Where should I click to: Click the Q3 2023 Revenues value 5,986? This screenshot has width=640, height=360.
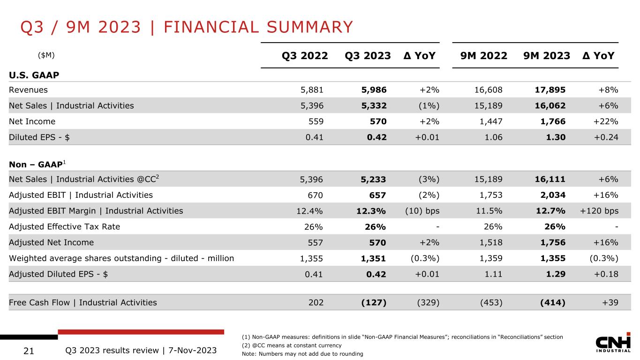(374, 90)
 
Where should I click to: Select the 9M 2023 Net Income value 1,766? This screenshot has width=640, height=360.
(553, 121)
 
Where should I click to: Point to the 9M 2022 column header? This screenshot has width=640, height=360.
(484, 56)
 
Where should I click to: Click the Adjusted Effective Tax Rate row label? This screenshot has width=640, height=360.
(65, 226)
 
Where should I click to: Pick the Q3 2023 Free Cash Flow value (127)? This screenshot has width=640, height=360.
(374, 302)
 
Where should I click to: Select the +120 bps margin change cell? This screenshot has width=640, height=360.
(599, 210)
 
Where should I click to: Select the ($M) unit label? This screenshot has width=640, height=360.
(46, 55)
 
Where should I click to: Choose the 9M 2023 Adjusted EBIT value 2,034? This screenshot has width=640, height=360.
(553, 195)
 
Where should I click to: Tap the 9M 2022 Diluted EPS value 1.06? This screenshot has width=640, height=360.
(494, 137)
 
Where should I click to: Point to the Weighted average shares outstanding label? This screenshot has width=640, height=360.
(121, 258)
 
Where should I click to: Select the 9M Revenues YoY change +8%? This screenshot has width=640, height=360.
(608, 90)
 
